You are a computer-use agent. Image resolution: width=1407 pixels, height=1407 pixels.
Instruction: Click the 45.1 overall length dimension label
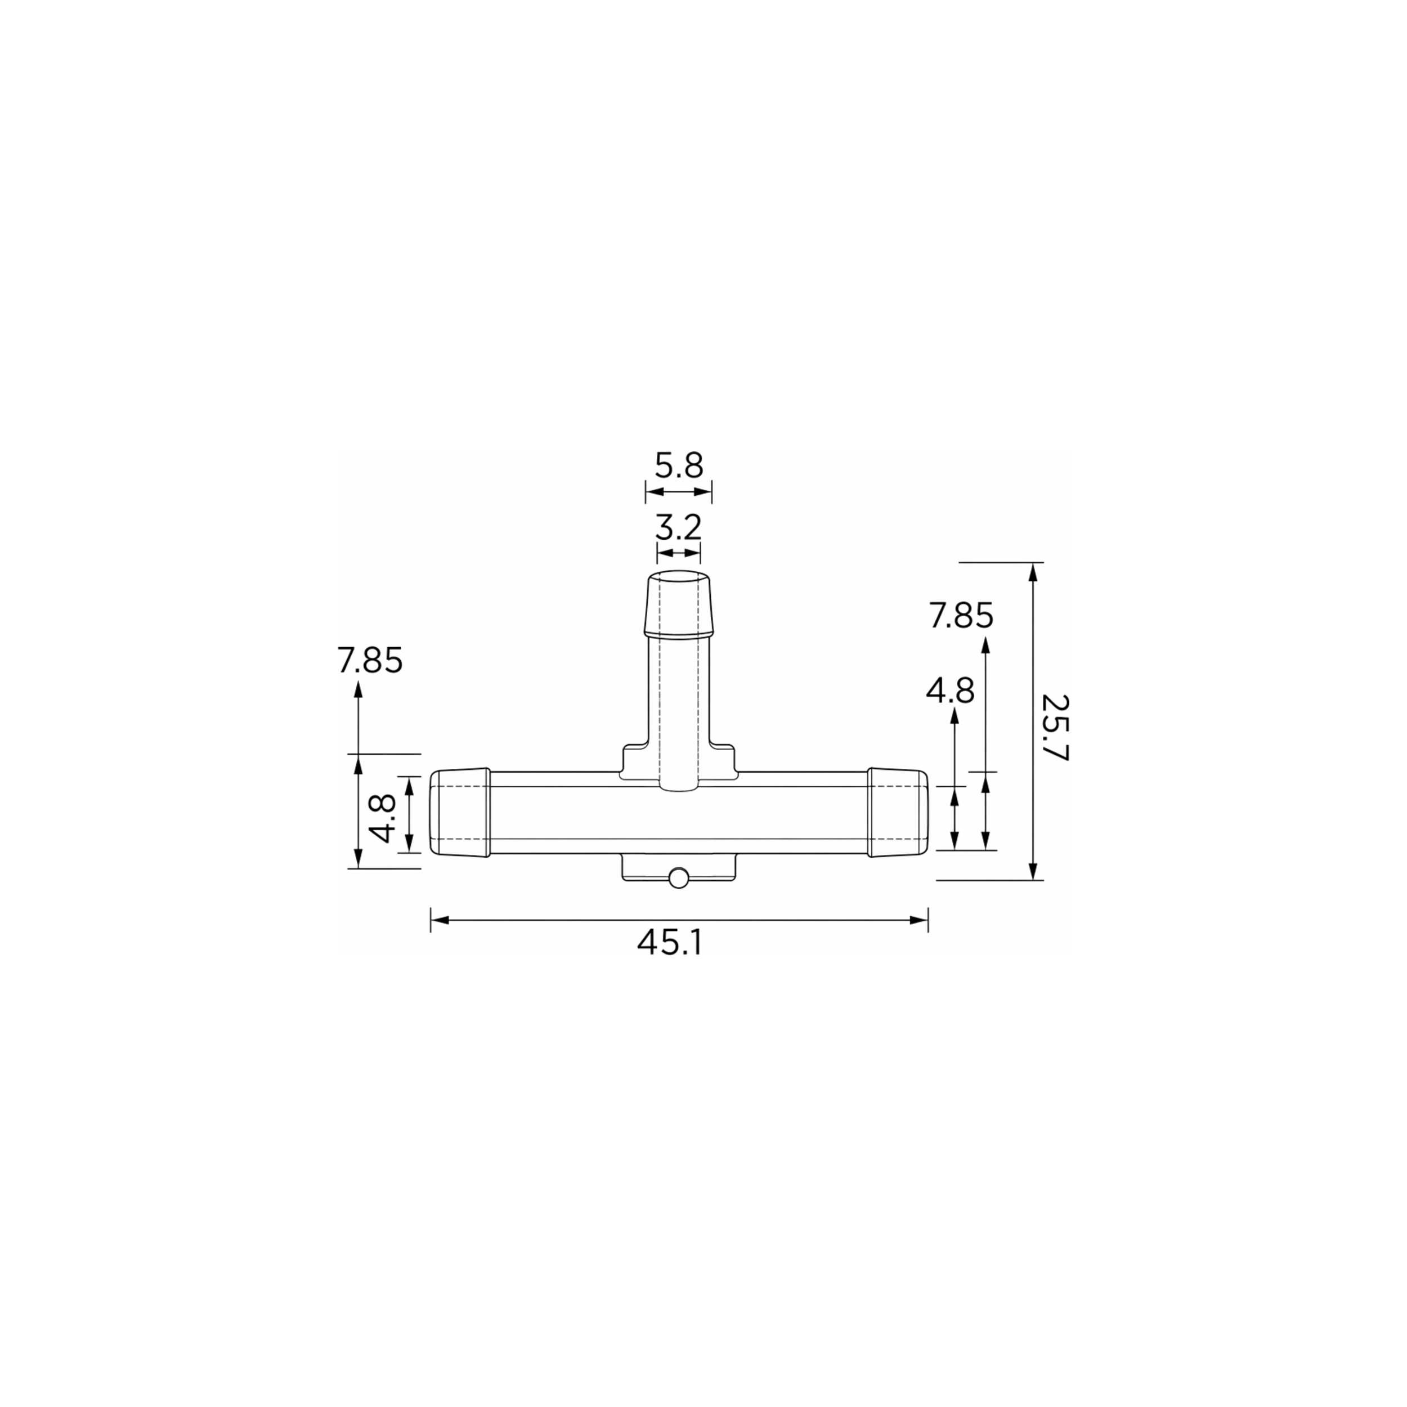(670, 943)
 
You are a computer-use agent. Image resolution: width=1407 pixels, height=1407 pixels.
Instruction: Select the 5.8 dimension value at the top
(679, 466)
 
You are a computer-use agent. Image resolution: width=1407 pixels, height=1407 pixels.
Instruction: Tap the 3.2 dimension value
(678, 527)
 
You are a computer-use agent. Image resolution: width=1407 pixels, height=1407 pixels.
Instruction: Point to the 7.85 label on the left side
(370, 661)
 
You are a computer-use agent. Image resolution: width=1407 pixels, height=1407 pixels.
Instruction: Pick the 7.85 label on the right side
(961, 616)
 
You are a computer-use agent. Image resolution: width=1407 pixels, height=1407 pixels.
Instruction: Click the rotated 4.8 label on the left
(383, 818)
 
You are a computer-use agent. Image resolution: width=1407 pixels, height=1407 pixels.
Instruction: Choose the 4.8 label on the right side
(951, 691)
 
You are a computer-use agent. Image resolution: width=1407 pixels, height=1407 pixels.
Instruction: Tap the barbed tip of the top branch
(678, 604)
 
